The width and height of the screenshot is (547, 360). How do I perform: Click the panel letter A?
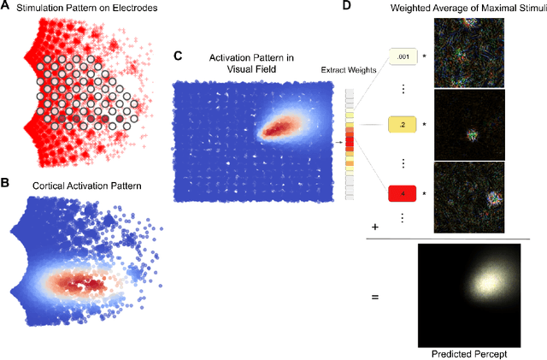click(6, 8)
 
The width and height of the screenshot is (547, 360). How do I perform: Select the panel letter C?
click(178, 56)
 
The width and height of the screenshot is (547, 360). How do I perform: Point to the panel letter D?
click(347, 7)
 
